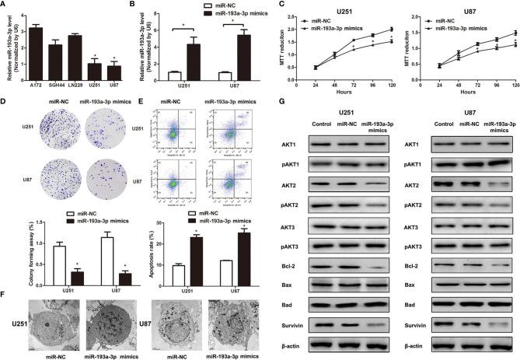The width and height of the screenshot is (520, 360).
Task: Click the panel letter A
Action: point(5,5)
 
